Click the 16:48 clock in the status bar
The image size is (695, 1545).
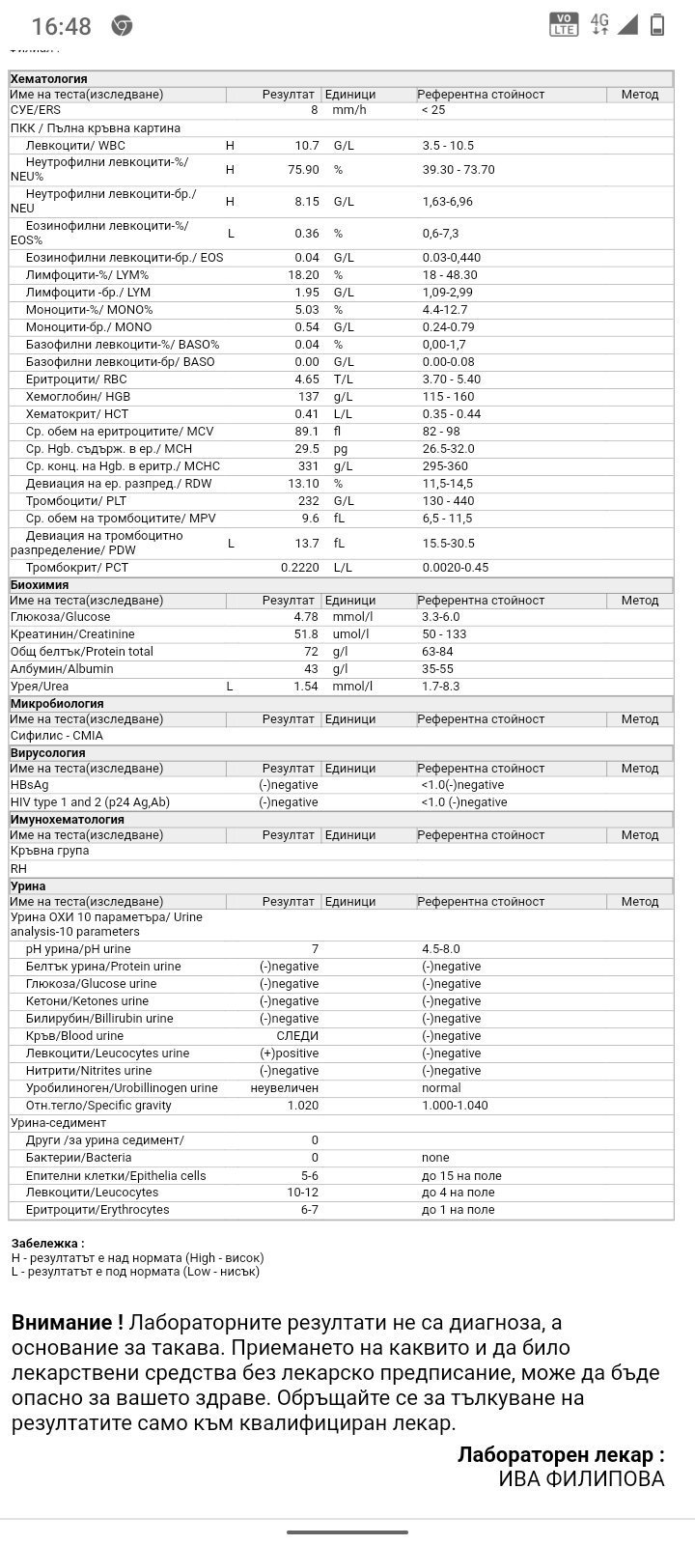[61, 26]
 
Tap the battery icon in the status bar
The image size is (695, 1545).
[657, 25]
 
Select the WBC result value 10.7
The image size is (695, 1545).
[307, 146]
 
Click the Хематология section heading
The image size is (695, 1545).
[48, 79]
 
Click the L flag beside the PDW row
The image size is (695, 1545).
[231, 544]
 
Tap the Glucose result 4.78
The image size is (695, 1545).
[305, 617]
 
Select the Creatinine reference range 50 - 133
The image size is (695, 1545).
[444, 634]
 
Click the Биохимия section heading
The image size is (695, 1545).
[40, 585]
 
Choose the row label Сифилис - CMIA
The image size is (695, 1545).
[56, 736]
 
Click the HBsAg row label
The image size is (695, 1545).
[29, 785]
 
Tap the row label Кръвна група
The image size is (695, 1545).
[49, 851]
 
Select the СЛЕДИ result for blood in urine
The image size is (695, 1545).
[297, 1036]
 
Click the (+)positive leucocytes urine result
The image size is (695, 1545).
[289, 1053]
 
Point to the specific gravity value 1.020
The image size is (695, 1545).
[302, 1106]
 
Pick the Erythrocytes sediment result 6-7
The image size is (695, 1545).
[309, 1210]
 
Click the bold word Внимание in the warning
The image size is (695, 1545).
[67, 1323]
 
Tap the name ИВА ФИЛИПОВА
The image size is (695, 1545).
[581, 1478]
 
